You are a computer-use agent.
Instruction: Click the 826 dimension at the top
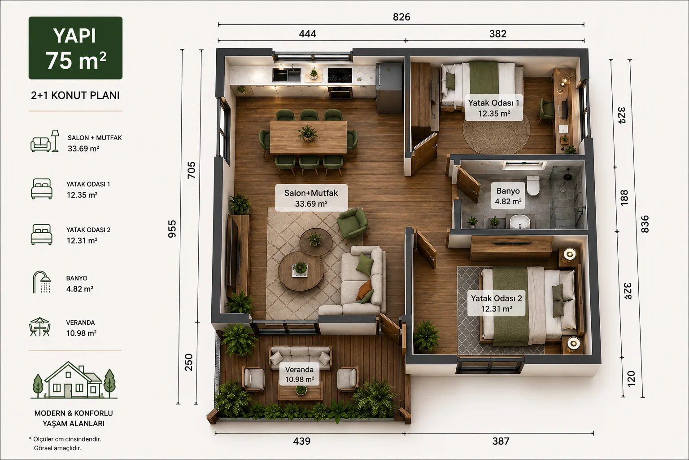(401, 17)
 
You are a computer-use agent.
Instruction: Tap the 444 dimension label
(307, 34)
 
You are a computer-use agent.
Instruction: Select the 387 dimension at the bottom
(501, 441)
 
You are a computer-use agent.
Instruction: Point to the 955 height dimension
(172, 229)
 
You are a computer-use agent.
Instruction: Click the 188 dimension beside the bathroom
(624, 198)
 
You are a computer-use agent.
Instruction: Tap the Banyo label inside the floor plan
(508, 191)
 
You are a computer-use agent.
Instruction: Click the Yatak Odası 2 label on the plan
(497, 298)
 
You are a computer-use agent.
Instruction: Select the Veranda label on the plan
(299, 369)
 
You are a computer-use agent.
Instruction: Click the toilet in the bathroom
(533, 186)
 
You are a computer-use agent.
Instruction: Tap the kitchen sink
(287, 75)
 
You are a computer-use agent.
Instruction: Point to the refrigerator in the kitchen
(389, 88)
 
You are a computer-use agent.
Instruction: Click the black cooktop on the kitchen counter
(340, 75)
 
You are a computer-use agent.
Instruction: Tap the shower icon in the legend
(42, 282)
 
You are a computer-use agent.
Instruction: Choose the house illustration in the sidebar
(74, 380)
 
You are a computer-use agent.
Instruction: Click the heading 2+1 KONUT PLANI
(75, 96)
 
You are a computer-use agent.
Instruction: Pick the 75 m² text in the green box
(76, 60)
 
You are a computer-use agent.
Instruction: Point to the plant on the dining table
(308, 133)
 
